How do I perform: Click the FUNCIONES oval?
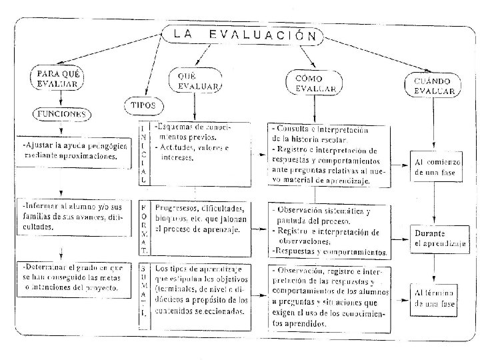pos(61,115)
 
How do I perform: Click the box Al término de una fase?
pos(435,297)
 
